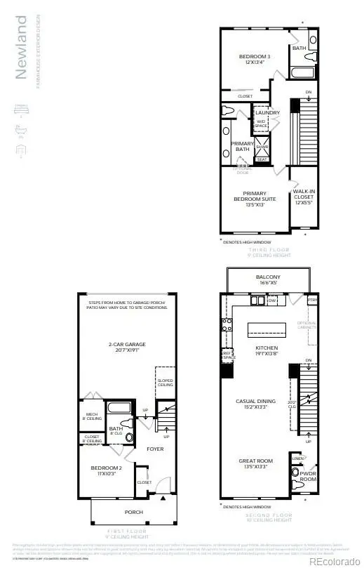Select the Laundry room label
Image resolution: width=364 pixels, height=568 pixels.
(x=267, y=112)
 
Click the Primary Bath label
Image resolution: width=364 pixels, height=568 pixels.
(x=242, y=146)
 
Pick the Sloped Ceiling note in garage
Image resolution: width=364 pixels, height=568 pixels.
(x=165, y=383)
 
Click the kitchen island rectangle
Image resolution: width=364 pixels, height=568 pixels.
(x=267, y=329)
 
